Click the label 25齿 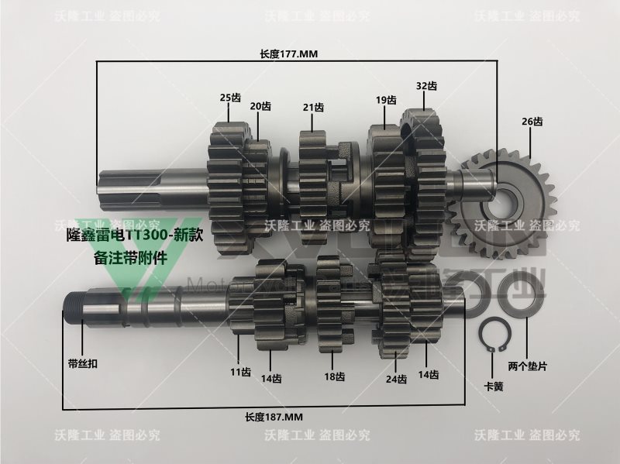point(230,98)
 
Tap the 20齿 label point(260,106)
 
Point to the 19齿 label point(386,100)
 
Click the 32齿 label point(426,85)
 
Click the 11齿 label point(240,372)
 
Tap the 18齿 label point(334,376)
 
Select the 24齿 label point(397,379)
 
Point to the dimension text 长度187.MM point(274,417)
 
